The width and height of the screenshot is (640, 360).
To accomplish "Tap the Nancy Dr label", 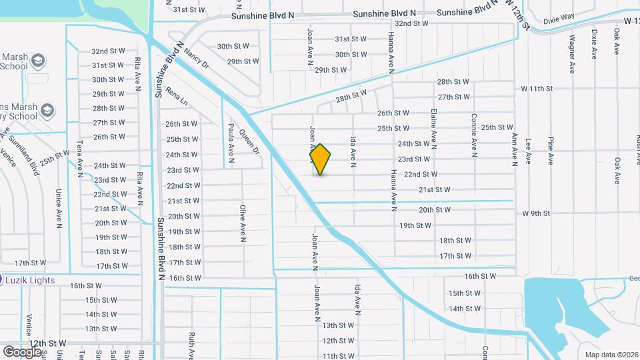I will pyautogui.click(x=197, y=58).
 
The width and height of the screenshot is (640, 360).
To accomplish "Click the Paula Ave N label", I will pyautogui.click(x=231, y=143).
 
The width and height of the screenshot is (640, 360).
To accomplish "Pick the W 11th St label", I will pyautogui.click(x=537, y=89).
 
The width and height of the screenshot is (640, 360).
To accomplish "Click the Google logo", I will pyautogui.click(x=22, y=351).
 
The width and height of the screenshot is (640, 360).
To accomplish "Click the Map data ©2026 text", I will pyautogui.click(x=611, y=354).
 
